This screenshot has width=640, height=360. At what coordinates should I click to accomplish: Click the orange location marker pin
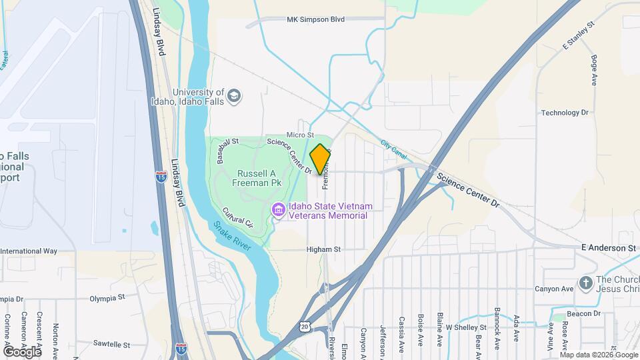320,159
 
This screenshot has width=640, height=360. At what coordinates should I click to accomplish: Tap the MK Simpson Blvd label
315,20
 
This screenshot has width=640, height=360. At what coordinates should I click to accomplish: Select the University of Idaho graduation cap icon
233,97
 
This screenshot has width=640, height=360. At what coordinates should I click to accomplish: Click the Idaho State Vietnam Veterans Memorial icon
279,211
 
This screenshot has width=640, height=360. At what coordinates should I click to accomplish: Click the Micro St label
300,135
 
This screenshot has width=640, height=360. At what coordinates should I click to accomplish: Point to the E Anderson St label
608,248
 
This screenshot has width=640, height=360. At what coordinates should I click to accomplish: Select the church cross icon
586,283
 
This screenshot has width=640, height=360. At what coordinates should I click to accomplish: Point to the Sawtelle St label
111,345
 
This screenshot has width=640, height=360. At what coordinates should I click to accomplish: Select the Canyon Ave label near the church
554,289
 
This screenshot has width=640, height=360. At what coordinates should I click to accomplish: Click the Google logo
22,351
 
